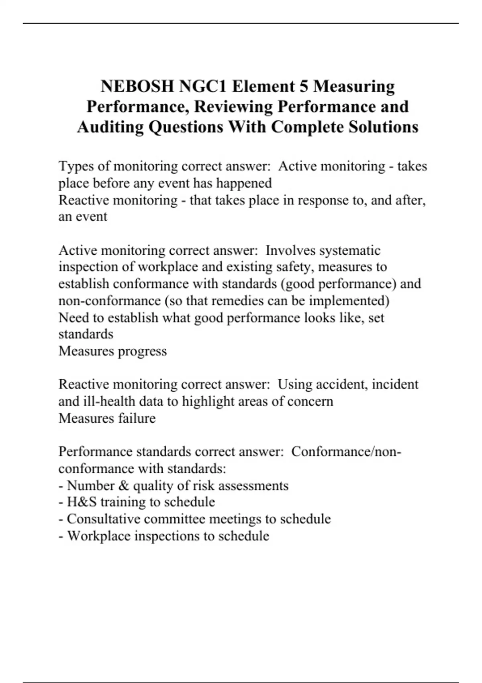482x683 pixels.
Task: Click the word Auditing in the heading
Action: point(110,127)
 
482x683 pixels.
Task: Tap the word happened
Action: point(244,183)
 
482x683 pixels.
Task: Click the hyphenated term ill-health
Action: point(109,401)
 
